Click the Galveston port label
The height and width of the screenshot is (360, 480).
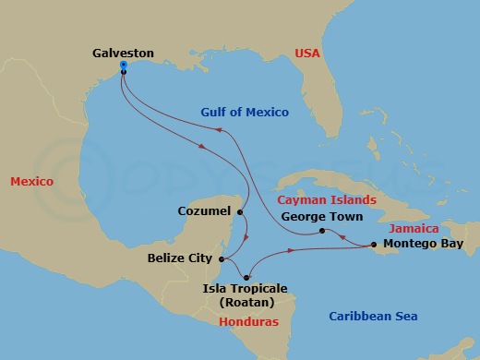[x=124, y=54]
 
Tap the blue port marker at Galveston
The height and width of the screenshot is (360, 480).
[x=124, y=66]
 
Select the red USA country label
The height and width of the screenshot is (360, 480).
[x=307, y=54]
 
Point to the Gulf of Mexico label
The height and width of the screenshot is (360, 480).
[x=245, y=112]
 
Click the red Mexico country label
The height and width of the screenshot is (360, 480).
[x=31, y=182]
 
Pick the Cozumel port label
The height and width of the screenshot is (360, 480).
[x=203, y=211]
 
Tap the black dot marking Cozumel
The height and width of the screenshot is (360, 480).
[x=240, y=212]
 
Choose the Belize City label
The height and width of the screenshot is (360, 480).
[x=180, y=258]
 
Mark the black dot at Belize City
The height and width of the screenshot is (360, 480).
[x=222, y=258]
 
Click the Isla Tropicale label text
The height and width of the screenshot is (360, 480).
[x=245, y=288]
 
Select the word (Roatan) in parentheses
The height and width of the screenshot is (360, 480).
[x=246, y=301]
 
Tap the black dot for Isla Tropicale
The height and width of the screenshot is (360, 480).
[x=248, y=277]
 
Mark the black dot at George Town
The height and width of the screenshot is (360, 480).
[x=321, y=231]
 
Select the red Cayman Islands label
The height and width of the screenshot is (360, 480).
[x=328, y=199]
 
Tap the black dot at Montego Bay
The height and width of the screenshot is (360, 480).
[x=373, y=245]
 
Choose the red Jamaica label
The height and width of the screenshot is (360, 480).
[x=412, y=227]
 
